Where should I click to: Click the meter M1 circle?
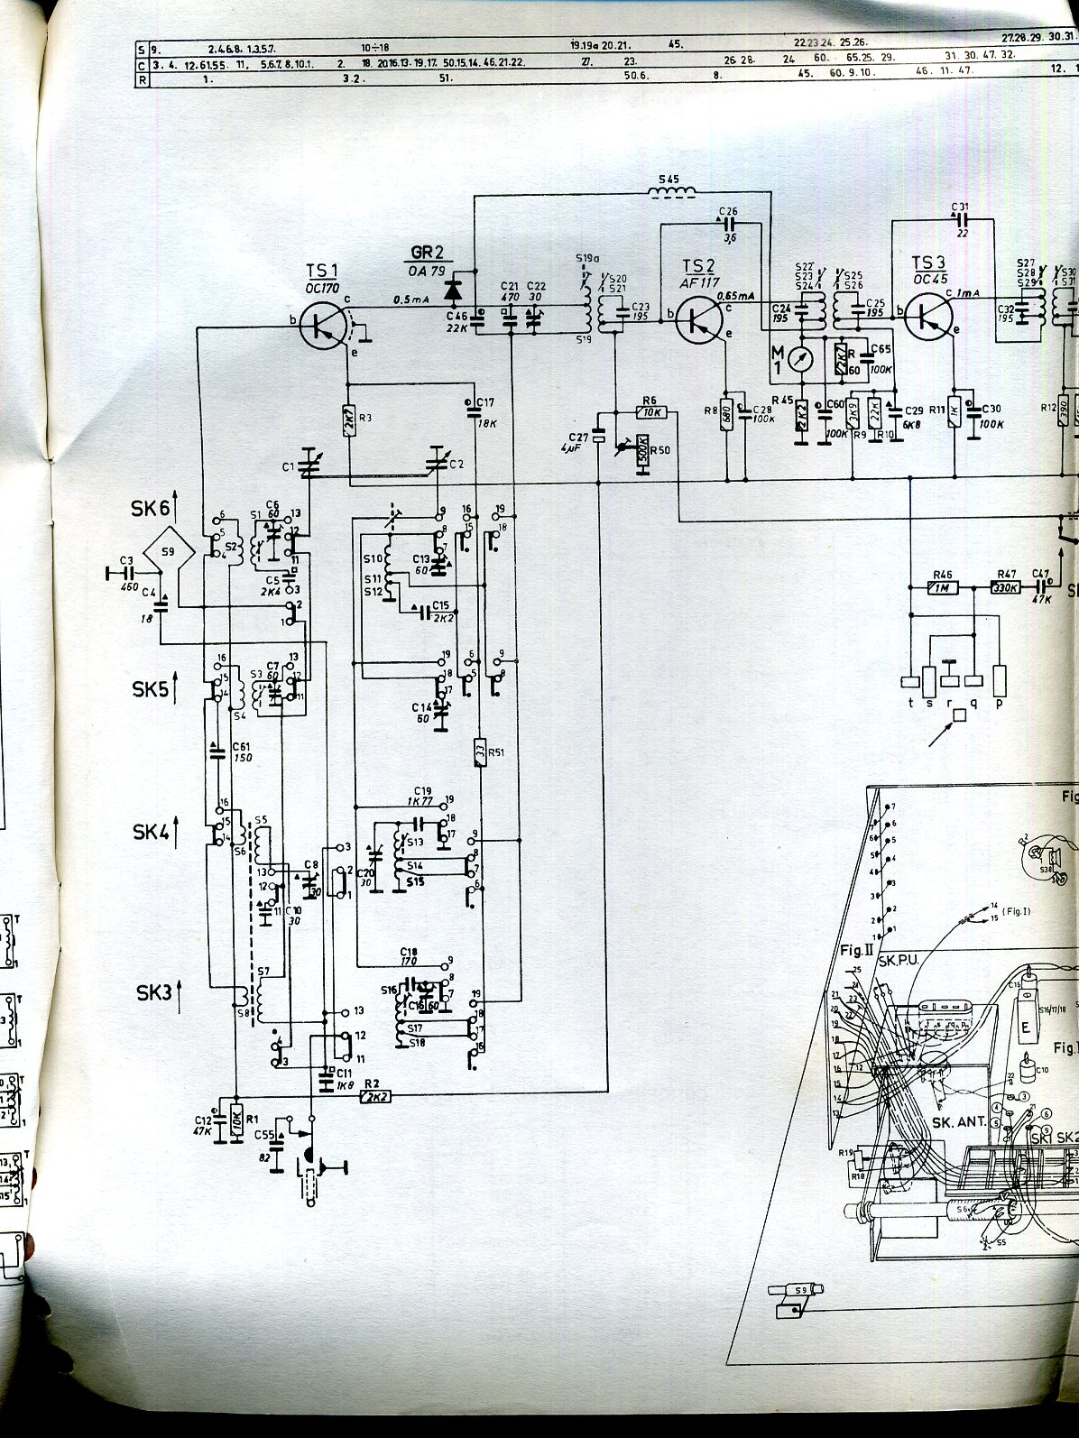click(799, 358)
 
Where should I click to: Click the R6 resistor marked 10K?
click(651, 412)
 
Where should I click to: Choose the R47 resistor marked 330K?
click(1005, 588)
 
